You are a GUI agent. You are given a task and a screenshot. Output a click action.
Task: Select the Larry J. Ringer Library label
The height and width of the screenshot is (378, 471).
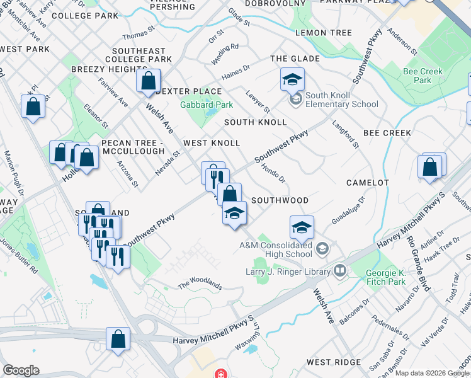click(x=287, y=272)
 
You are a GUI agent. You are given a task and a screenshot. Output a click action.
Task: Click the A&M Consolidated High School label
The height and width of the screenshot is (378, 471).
click(x=275, y=249)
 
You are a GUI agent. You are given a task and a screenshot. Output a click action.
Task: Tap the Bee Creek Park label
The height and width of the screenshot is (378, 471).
click(x=427, y=76)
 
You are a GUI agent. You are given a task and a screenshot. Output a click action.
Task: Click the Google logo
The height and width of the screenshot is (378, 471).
click(x=21, y=370)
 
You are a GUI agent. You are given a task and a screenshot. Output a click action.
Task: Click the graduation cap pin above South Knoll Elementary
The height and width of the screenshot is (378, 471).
click(x=292, y=79)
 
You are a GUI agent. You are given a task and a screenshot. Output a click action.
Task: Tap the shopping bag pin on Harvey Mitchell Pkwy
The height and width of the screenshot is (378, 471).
click(x=118, y=339)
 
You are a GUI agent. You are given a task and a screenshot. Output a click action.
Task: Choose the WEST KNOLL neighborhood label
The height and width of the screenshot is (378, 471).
click(x=212, y=143)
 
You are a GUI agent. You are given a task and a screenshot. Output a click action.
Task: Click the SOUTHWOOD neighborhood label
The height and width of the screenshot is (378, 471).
click(x=280, y=200)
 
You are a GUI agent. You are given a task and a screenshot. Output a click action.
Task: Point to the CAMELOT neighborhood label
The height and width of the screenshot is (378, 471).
click(x=368, y=183)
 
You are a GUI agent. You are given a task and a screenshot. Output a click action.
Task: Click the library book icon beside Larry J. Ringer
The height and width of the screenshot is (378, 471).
click(x=341, y=272)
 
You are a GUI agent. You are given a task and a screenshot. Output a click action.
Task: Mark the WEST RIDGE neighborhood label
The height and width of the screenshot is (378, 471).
click(x=333, y=362)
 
